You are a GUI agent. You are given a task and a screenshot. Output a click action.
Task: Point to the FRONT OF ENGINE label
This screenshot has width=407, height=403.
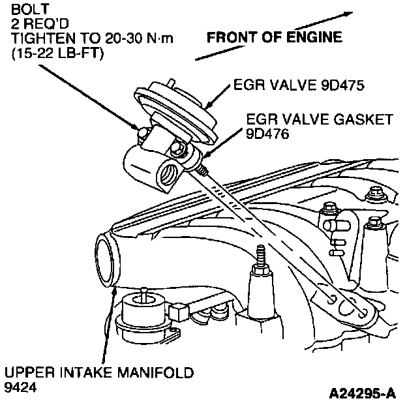(x=274, y=38)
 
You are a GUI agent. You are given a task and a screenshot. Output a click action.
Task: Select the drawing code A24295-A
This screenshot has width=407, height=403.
(x=363, y=393)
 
